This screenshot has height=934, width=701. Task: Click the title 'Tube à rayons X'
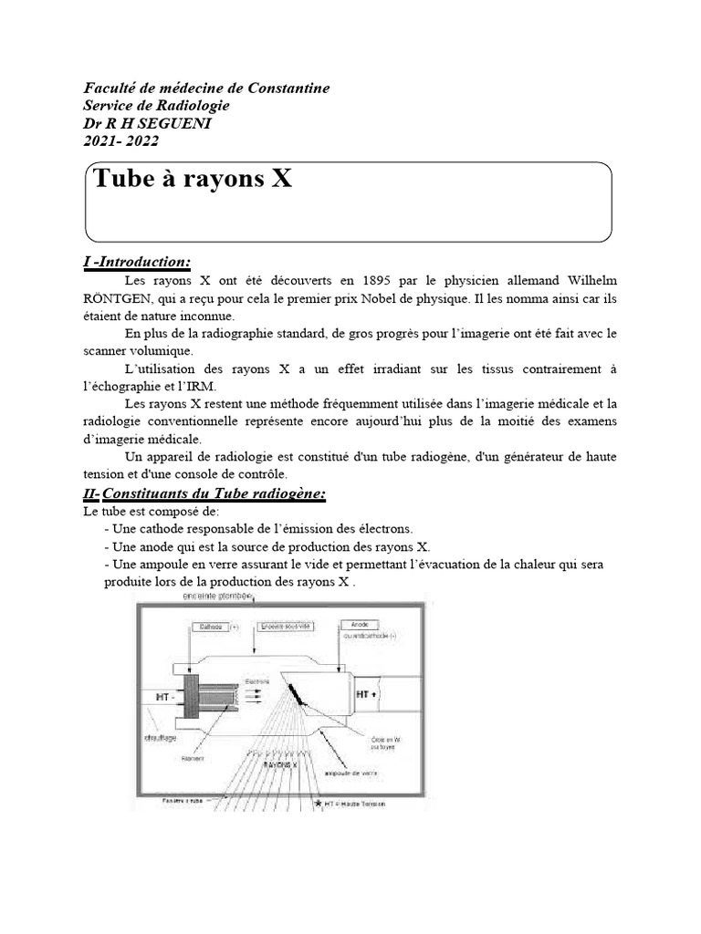(193, 179)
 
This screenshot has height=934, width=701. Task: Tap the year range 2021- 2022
(120, 140)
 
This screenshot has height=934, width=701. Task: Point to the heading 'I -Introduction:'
(136, 263)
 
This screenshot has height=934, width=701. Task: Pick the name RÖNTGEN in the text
(114, 298)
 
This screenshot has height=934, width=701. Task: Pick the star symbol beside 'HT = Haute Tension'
(318, 804)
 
